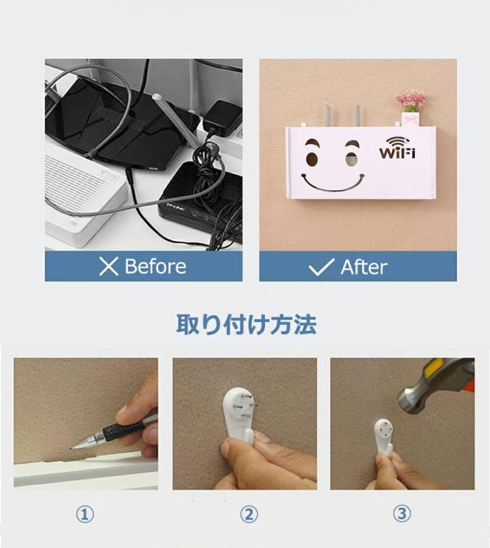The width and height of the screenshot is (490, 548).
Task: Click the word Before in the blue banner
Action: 155,267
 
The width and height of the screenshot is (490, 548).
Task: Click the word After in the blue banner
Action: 364,267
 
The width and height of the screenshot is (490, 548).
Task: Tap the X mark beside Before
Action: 109,267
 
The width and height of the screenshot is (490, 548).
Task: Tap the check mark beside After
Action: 320,267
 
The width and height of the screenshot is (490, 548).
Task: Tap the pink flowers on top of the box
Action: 412,100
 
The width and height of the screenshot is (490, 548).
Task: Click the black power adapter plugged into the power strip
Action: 220,116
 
